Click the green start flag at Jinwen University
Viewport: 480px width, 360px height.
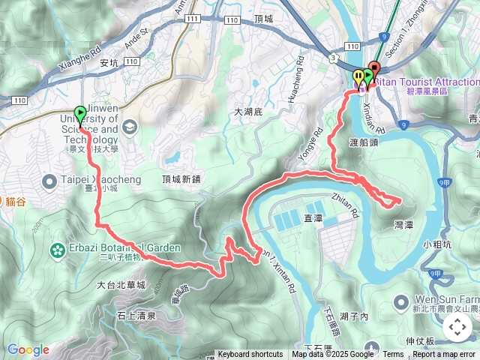click(80, 114)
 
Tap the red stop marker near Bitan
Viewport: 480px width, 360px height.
click(374, 71)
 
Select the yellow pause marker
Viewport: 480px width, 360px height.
click(358, 76)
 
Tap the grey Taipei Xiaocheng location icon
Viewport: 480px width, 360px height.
click(50, 181)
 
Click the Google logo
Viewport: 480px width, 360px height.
click(28, 349)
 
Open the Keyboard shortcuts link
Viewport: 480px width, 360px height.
click(250, 355)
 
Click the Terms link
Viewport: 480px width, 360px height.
click(393, 355)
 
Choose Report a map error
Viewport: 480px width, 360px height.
click(445, 355)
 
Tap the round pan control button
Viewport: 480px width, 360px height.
click(457, 327)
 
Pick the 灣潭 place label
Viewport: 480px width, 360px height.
click(406, 224)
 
